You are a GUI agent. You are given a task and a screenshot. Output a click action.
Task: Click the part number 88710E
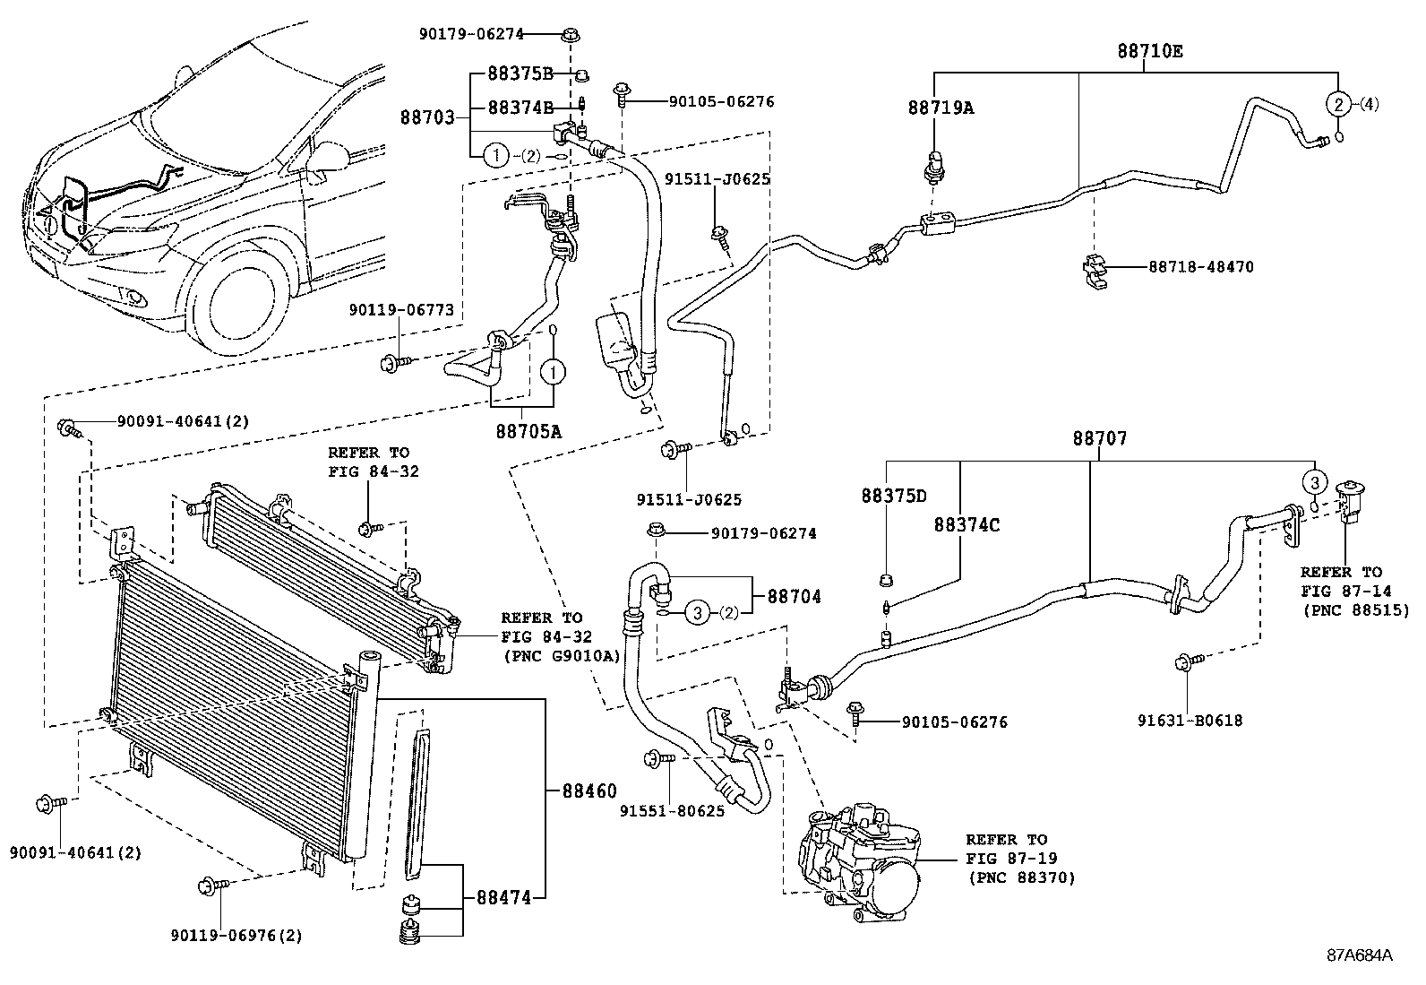coord(1149,51)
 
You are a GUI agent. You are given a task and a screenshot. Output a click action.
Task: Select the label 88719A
coord(940,108)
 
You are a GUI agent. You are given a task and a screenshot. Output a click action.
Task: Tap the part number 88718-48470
coord(1200,267)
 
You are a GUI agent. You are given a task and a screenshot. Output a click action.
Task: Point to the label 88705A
coord(528,431)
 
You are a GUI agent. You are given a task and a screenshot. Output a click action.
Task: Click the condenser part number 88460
coord(589,791)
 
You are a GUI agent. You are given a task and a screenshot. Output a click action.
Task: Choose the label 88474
coord(503,895)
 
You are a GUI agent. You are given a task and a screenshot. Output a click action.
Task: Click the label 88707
coord(1100,438)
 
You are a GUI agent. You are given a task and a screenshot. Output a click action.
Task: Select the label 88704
coord(794,596)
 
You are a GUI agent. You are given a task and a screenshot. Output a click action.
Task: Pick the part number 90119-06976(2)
coord(236,936)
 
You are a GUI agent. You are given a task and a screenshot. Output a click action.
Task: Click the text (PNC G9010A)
coord(562,655)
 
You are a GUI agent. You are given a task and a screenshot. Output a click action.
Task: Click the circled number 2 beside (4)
coord(1337,104)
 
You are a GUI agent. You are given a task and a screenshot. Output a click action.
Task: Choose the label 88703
coord(426,117)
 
